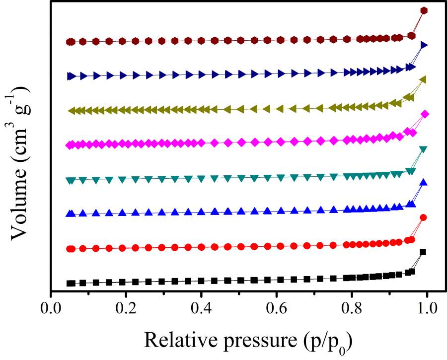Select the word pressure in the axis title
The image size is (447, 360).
click(x=257, y=340)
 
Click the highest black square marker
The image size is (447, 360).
click(x=423, y=252)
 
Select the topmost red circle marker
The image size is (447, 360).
click(x=424, y=217)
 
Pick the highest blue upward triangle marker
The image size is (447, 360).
click(x=424, y=182)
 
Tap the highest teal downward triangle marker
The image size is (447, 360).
click(x=424, y=149)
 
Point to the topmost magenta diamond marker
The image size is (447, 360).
click(x=425, y=114)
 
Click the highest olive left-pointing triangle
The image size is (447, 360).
click(x=424, y=79)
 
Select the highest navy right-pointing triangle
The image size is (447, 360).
click(x=424, y=45)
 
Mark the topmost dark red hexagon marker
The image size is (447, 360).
click(x=424, y=10)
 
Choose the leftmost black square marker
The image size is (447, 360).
click(x=71, y=284)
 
